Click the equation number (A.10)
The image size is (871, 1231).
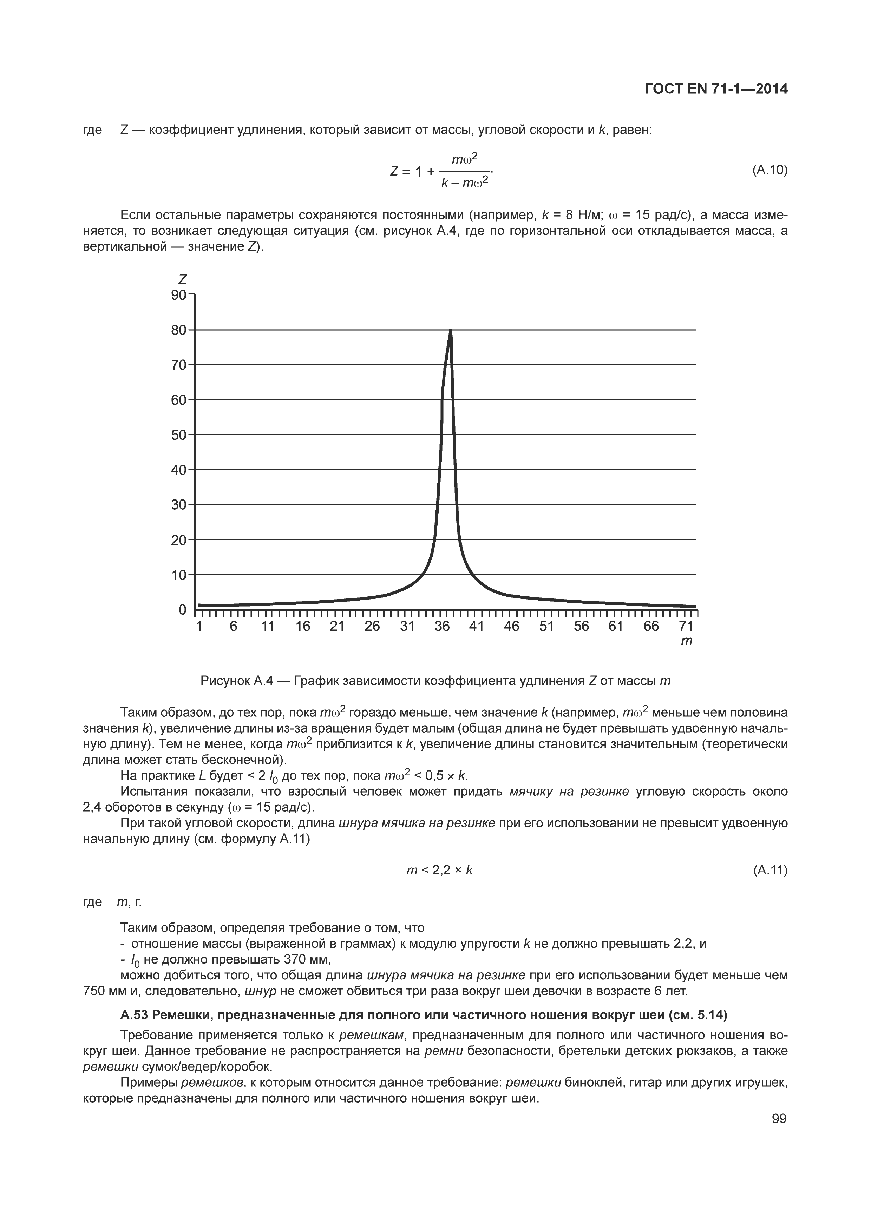click(770, 171)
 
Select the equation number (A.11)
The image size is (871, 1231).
click(770, 871)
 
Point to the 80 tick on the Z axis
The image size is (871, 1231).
click(179, 330)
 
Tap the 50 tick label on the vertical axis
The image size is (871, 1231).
click(179, 435)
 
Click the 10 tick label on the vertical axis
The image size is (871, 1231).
click(179, 575)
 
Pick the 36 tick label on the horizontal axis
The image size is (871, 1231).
click(442, 626)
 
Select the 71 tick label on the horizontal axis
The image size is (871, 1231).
click(686, 626)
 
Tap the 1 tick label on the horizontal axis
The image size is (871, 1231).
click(199, 626)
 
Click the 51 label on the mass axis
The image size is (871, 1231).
click(546, 626)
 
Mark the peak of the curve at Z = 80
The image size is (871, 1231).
click(451, 331)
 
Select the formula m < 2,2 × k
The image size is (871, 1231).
click(440, 871)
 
